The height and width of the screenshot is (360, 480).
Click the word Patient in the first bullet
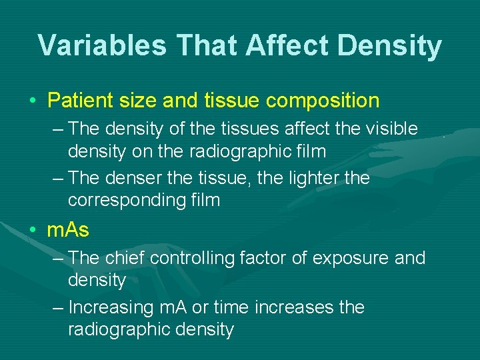tap(79, 101)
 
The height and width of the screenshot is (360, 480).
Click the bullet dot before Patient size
tap(33, 101)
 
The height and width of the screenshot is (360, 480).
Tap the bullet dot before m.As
tap(33, 231)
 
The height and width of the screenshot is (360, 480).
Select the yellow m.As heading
tap(68, 231)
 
